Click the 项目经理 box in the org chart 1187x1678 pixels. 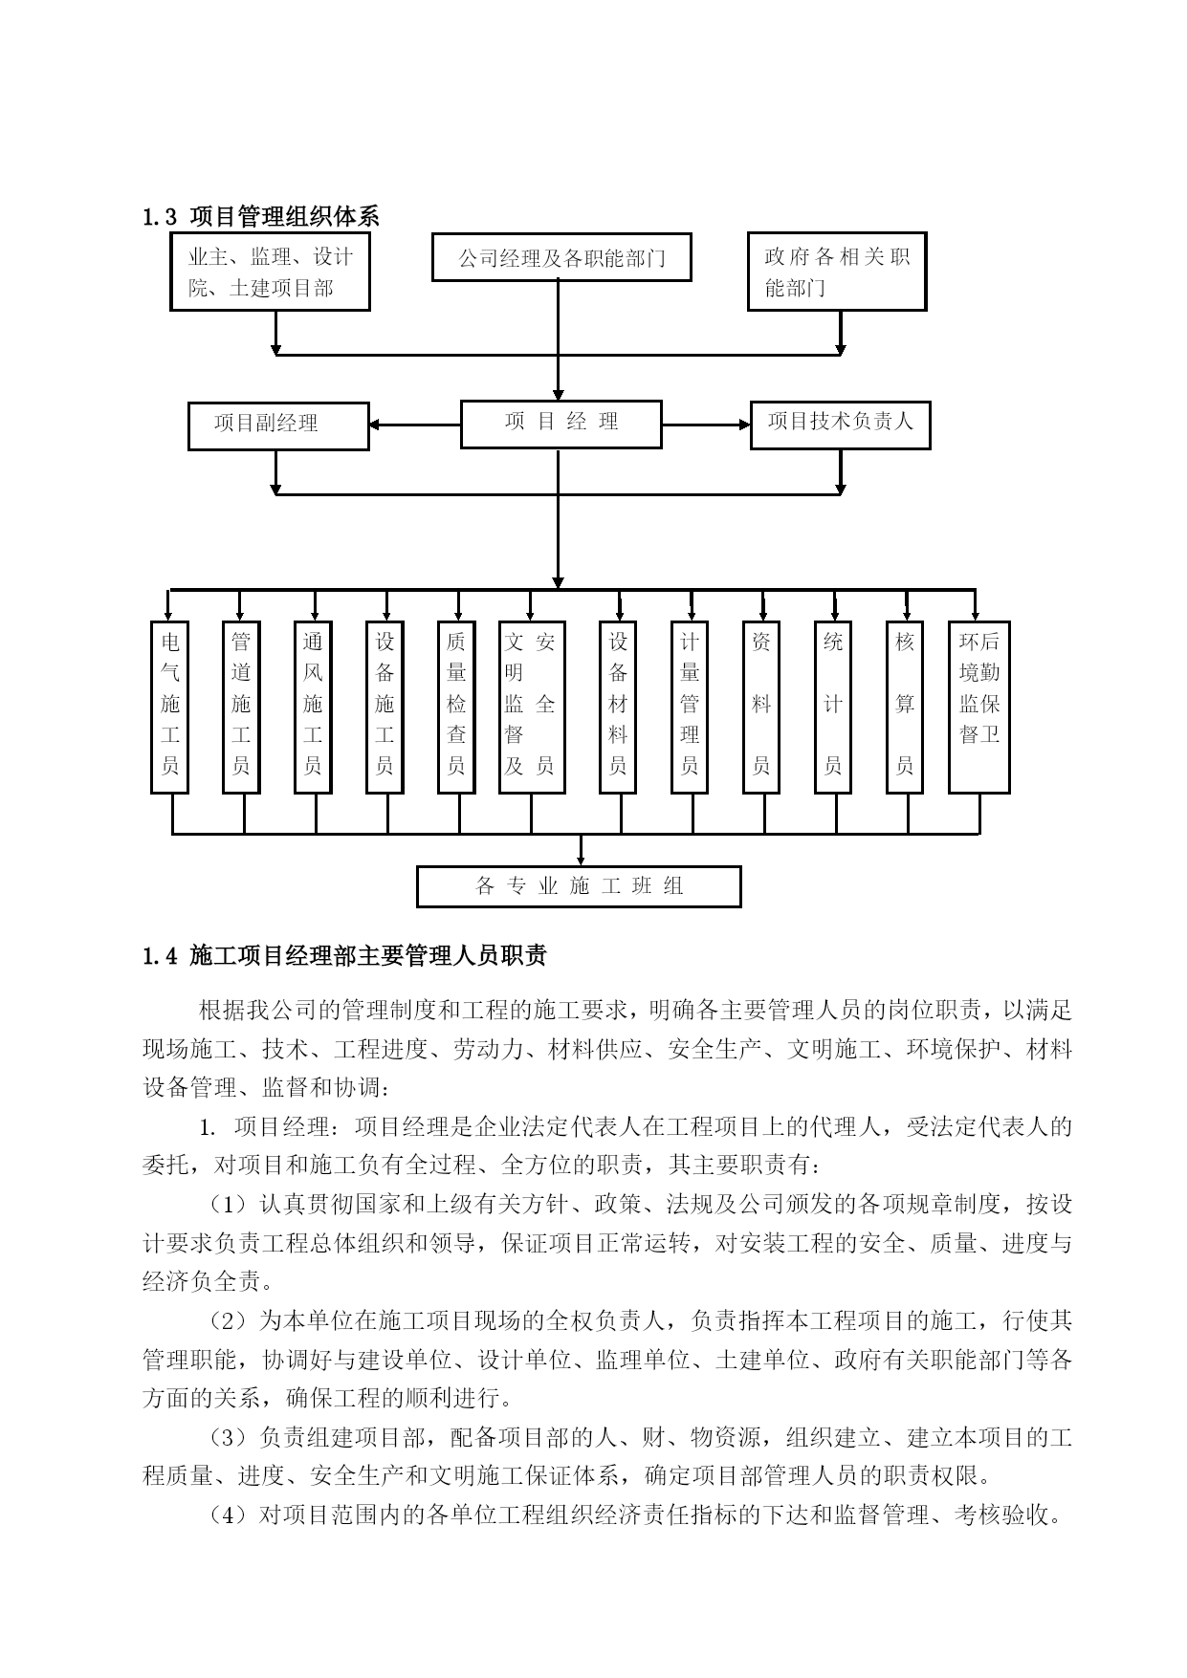tap(561, 424)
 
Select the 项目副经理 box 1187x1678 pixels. tap(278, 425)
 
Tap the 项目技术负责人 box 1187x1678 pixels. tap(840, 425)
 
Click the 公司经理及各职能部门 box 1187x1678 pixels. tap(561, 257)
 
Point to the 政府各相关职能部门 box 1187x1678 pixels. tap(837, 272)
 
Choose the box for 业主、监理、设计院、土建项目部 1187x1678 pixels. tap(270, 272)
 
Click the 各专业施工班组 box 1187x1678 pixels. tap(579, 886)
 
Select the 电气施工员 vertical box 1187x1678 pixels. tap(169, 708)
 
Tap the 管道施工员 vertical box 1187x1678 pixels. tap(241, 708)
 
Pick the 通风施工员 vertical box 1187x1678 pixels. tap(313, 708)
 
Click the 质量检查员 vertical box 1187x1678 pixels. tap(456, 708)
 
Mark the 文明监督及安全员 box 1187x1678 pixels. tap(532, 708)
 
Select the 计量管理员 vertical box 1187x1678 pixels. tap(690, 708)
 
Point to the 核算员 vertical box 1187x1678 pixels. tap(905, 708)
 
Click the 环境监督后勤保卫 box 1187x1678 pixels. tap(979, 708)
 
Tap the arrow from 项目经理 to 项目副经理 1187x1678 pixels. tap(415, 425)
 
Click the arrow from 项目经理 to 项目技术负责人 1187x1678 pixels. tap(706, 425)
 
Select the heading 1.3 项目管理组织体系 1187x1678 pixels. tap(260, 217)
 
